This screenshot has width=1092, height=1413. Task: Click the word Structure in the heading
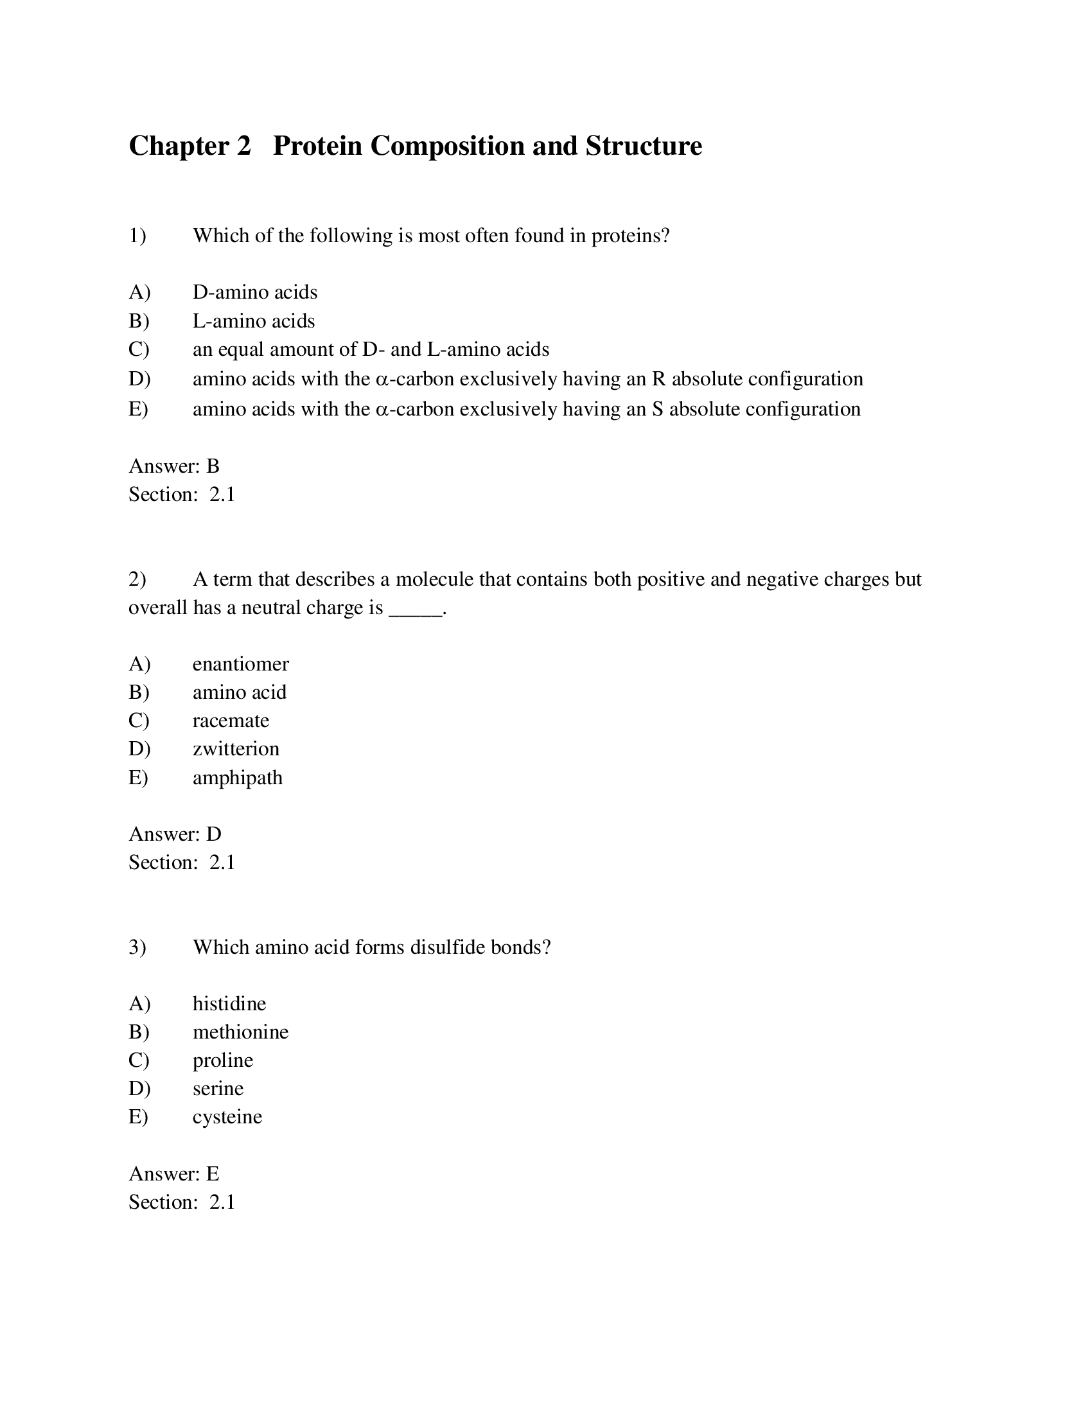[644, 146]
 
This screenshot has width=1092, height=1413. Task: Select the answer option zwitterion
[236, 748]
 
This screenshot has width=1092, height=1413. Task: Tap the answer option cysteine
[227, 1117]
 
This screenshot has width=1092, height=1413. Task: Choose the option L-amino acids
[254, 321]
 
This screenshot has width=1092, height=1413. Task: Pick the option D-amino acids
[255, 292]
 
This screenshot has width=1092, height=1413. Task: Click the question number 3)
[137, 947]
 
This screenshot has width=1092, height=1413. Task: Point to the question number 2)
[137, 579]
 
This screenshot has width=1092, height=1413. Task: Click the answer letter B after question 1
[213, 466]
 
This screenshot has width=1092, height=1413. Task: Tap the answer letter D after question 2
[213, 834]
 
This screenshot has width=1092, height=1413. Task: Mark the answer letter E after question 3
[213, 1173]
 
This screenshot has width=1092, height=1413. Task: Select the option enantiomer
[241, 664]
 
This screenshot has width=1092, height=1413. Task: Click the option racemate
[231, 720]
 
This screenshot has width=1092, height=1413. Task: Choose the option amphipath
[238, 777]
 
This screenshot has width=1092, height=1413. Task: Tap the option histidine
[229, 1003]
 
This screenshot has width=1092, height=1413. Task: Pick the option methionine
[240, 1032]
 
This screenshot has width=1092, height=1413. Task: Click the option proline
[222, 1060]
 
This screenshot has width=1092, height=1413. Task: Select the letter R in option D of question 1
[658, 379]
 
